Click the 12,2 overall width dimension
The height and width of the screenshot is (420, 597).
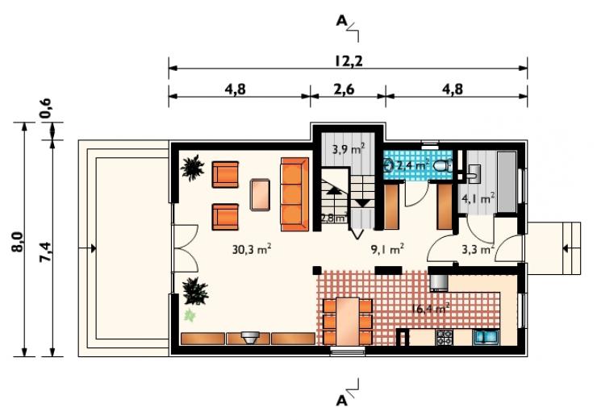click(x=349, y=61)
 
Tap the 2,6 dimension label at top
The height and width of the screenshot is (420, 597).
click(x=344, y=89)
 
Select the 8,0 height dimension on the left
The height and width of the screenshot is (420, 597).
click(x=19, y=242)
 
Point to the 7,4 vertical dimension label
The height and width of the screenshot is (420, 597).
click(x=47, y=252)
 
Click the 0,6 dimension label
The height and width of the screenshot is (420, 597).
click(x=45, y=108)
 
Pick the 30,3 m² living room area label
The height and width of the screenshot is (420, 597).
click(x=252, y=250)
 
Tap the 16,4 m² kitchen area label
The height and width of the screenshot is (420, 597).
click(x=430, y=308)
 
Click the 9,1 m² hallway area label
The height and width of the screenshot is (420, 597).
click(x=387, y=250)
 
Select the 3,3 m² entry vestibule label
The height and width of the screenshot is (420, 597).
click(x=478, y=250)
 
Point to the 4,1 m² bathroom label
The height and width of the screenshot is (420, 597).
click(x=478, y=198)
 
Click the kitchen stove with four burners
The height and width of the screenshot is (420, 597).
click(x=444, y=337)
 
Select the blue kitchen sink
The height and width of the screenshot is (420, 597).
click(x=486, y=337)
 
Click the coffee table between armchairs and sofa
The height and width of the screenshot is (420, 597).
click(x=260, y=194)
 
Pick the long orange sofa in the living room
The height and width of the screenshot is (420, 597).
click(x=294, y=194)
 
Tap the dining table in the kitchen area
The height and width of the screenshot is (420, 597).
click(x=347, y=321)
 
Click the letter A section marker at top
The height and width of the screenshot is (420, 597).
click(x=341, y=22)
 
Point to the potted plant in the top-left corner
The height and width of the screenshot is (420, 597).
click(x=193, y=167)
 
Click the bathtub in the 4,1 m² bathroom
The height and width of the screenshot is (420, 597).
click(x=507, y=182)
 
